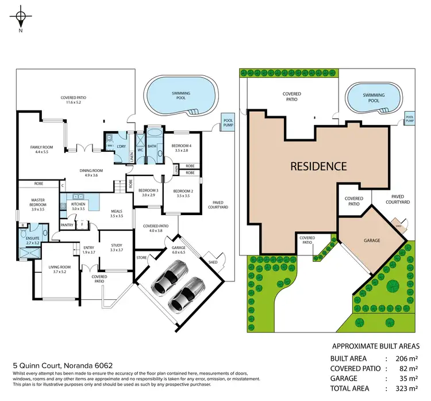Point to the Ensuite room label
[29, 238]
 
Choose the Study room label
[116, 247]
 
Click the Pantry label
[67, 225]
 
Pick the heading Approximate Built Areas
[375, 346]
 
